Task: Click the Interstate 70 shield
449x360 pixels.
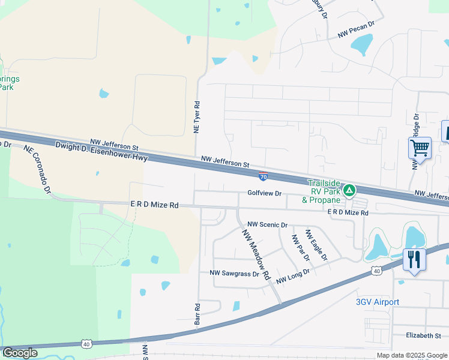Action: click(x=264, y=176)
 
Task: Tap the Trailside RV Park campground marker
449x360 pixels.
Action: click(x=349, y=191)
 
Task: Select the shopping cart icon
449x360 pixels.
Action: click(x=420, y=147)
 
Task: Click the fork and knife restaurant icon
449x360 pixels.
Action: click(x=414, y=260)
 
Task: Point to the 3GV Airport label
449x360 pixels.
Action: click(x=377, y=302)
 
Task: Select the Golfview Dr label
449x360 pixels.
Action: click(x=264, y=193)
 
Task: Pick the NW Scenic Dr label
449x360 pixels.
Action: click(x=268, y=224)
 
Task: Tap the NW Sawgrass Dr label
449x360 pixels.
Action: click(x=234, y=273)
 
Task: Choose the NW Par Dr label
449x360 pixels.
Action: click(x=300, y=247)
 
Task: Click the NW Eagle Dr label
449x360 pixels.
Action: click(x=316, y=245)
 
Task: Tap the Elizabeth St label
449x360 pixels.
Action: click(x=423, y=335)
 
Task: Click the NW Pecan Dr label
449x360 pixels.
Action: click(x=355, y=30)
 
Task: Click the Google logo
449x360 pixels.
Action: click(x=20, y=353)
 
